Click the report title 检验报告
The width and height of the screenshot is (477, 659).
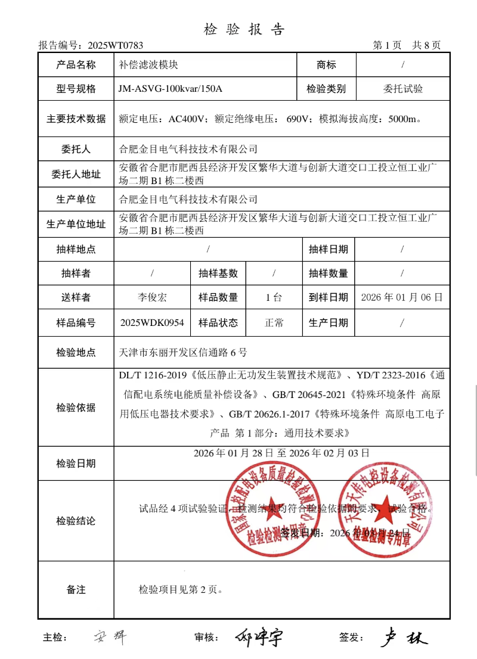point(244,30)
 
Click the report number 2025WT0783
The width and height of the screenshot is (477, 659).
point(115,45)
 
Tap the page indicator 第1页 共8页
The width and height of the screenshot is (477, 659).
point(407,45)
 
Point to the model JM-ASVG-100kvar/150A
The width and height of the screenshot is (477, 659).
point(171,89)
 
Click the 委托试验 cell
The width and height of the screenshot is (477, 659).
point(402,89)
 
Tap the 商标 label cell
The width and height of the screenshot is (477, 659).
point(326,65)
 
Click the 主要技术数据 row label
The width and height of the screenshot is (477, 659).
point(76,119)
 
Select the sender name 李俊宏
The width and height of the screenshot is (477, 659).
point(152,297)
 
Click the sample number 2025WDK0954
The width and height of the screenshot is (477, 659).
point(152,323)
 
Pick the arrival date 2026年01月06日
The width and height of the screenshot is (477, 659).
point(402,297)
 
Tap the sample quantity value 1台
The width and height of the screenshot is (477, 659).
point(274,297)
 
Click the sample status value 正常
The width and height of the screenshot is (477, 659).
point(274,323)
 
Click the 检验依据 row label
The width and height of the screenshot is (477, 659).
point(76,408)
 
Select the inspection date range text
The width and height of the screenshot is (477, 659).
point(281,453)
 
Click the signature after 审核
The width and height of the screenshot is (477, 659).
point(258,638)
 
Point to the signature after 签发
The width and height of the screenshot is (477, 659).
point(404,638)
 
